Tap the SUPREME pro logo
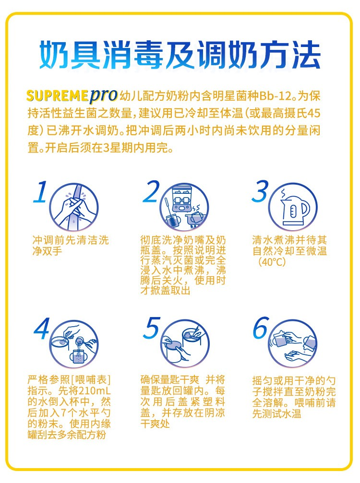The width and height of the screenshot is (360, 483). pyautogui.click(x=72, y=95)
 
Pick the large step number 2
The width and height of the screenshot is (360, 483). pyautogui.click(x=151, y=191)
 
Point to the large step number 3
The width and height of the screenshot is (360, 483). pyautogui.click(x=260, y=191)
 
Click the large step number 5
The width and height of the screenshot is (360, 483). pyautogui.click(x=152, y=328)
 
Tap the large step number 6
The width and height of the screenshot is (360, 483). pyautogui.click(x=261, y=328)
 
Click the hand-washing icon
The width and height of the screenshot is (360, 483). pyautogui.click(x=74, y=207)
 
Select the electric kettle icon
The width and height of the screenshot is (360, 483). pyautogui.click(x=293, y=207)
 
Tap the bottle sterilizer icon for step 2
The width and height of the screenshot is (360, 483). pyautogui.click(x=184, y=207)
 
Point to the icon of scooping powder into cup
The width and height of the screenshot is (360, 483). pyautogui.click(x=74, y=344)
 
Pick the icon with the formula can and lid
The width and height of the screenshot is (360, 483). pyautogui.click(x=185, y=344)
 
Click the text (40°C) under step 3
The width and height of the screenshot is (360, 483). pyautogui.click(x=272, y=262)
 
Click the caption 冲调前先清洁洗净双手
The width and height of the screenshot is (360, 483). pyautogui.click(x=71, y=246)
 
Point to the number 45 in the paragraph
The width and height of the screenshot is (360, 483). pyautogui.click(x=313, y=113)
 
